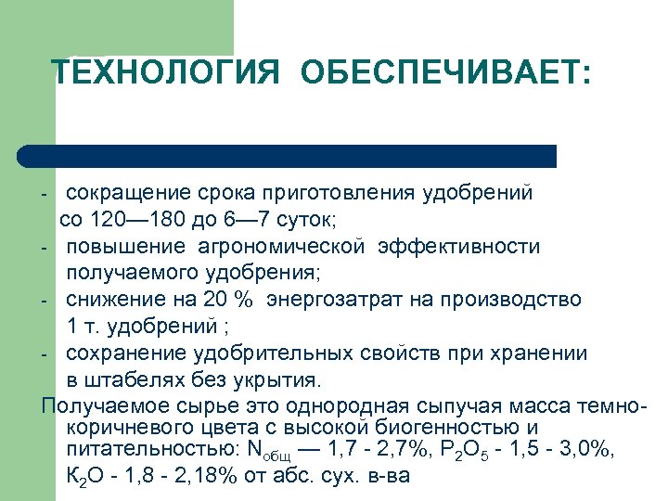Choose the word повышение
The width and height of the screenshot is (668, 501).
coord(125,247)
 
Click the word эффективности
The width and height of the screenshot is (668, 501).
coord(465,247)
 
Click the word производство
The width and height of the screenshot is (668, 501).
coord(515,300)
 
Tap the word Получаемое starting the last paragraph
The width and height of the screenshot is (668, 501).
coord(102,406)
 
